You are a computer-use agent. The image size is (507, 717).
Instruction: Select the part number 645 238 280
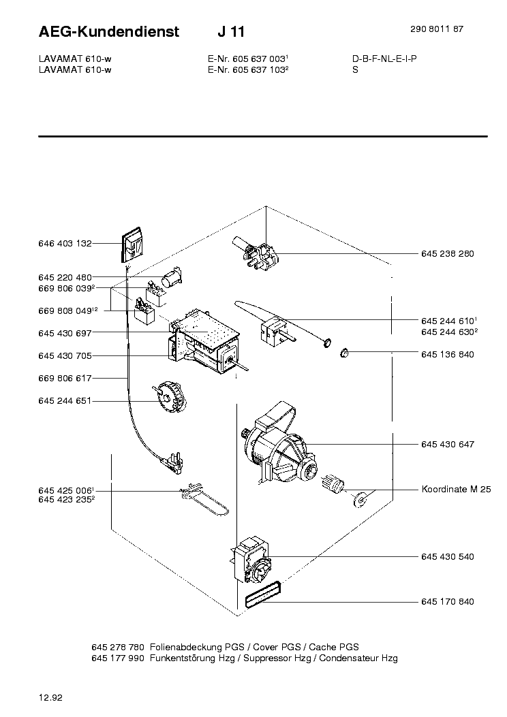click(447, 253)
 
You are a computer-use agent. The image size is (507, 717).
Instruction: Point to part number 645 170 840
click(447, 602)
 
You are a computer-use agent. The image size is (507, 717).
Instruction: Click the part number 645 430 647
click(447, 444)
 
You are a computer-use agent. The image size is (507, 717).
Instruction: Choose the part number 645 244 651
click(65, 401)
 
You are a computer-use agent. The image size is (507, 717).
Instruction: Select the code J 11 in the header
click(232, 31)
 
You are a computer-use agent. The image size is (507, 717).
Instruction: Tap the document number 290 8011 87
click(435, 29)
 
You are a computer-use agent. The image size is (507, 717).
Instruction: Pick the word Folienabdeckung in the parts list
click(182, 646)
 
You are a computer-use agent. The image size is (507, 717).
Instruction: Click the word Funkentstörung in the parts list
click(180, 658)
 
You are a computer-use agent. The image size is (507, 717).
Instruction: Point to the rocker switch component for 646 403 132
click(132, 246)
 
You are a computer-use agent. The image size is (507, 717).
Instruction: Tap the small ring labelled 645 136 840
click(345, 353)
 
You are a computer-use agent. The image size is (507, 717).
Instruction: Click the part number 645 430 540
click(447, 556)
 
